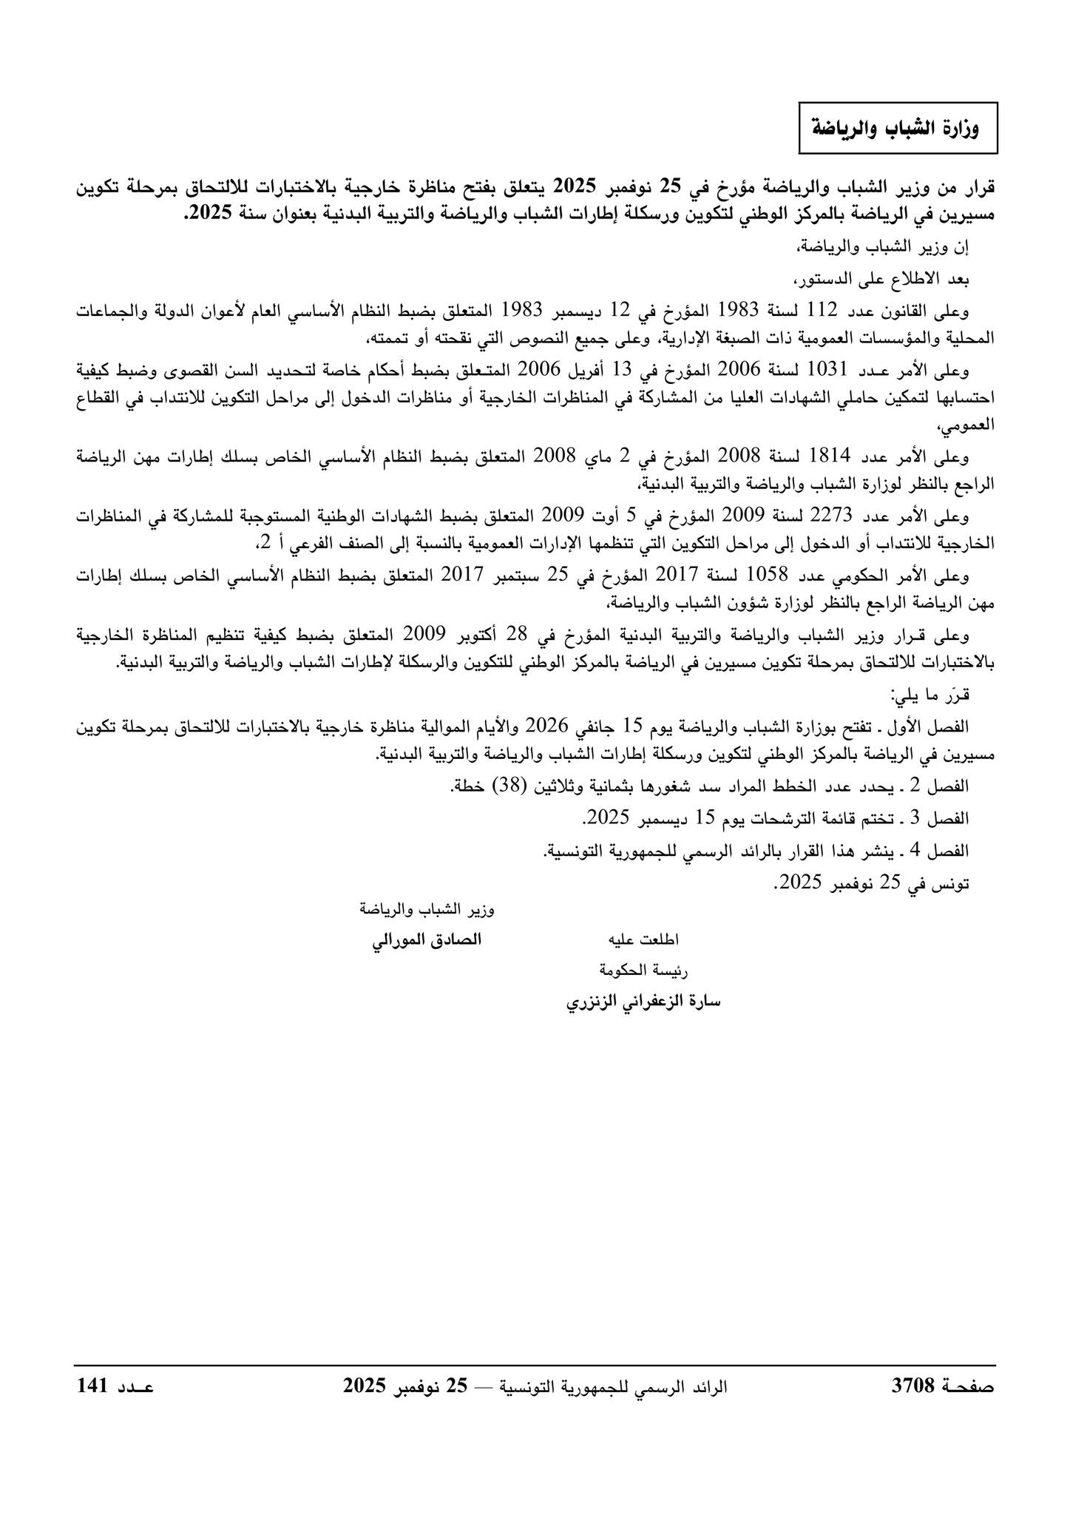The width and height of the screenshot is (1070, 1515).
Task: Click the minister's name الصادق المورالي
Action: coord(426,940)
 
